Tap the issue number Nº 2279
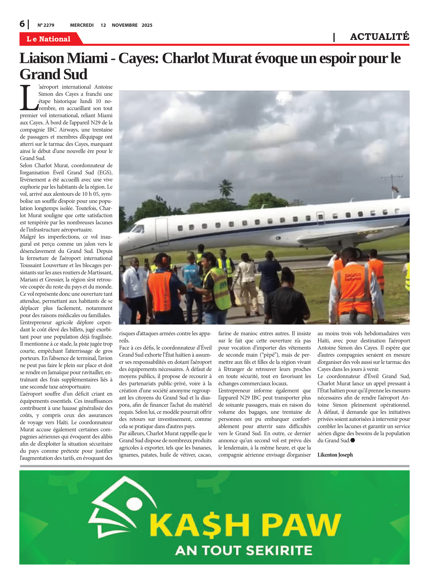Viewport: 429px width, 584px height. [x=46, y=25]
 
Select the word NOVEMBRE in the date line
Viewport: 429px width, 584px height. [x=125, y=25]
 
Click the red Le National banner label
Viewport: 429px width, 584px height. [x=49, y=39]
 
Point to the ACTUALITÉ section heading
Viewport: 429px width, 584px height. [x=379, y=37]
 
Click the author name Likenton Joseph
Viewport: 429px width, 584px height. [x=335, y=455]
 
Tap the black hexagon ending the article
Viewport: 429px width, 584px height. [x=353, y=440]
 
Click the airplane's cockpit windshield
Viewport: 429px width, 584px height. [x=137, y=228]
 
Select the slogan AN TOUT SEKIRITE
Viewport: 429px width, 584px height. [x=244, y=550]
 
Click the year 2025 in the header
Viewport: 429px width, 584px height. [x=147, y=25]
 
